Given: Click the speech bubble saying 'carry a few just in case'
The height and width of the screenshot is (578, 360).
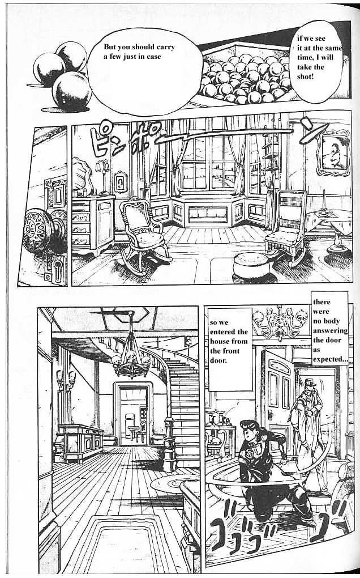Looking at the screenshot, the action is click(x=144, y=65).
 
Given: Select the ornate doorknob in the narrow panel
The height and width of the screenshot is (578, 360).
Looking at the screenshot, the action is click(x=41, y=232).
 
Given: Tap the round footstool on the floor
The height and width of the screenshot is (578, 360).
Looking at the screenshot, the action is click(x=252, y=265).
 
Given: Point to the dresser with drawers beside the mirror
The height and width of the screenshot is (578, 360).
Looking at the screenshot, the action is click(x=93, y=225).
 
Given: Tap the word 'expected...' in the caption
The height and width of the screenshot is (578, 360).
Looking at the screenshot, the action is click(x=330, y=359).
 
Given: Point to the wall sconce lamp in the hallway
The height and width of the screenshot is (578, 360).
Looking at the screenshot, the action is click(x=66, y=380).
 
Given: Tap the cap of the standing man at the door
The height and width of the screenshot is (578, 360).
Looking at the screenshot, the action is click(x=311, y=382).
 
